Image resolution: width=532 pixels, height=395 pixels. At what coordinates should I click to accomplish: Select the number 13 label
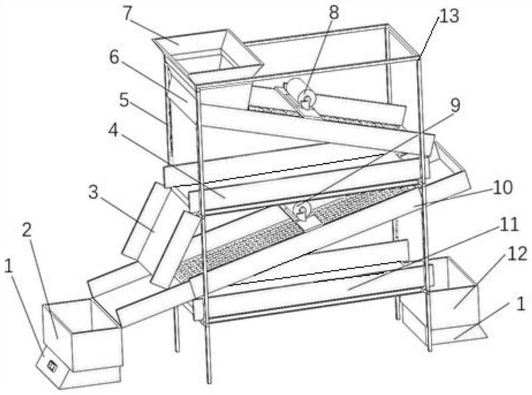coord(449,16)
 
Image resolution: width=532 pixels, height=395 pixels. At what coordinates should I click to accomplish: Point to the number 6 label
coord(115,58)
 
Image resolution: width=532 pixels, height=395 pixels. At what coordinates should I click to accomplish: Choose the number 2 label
coord(27,230)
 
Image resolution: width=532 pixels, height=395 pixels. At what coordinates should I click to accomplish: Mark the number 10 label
coord(503,189)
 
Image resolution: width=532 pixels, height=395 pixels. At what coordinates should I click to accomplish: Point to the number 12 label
coord(517,254)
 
